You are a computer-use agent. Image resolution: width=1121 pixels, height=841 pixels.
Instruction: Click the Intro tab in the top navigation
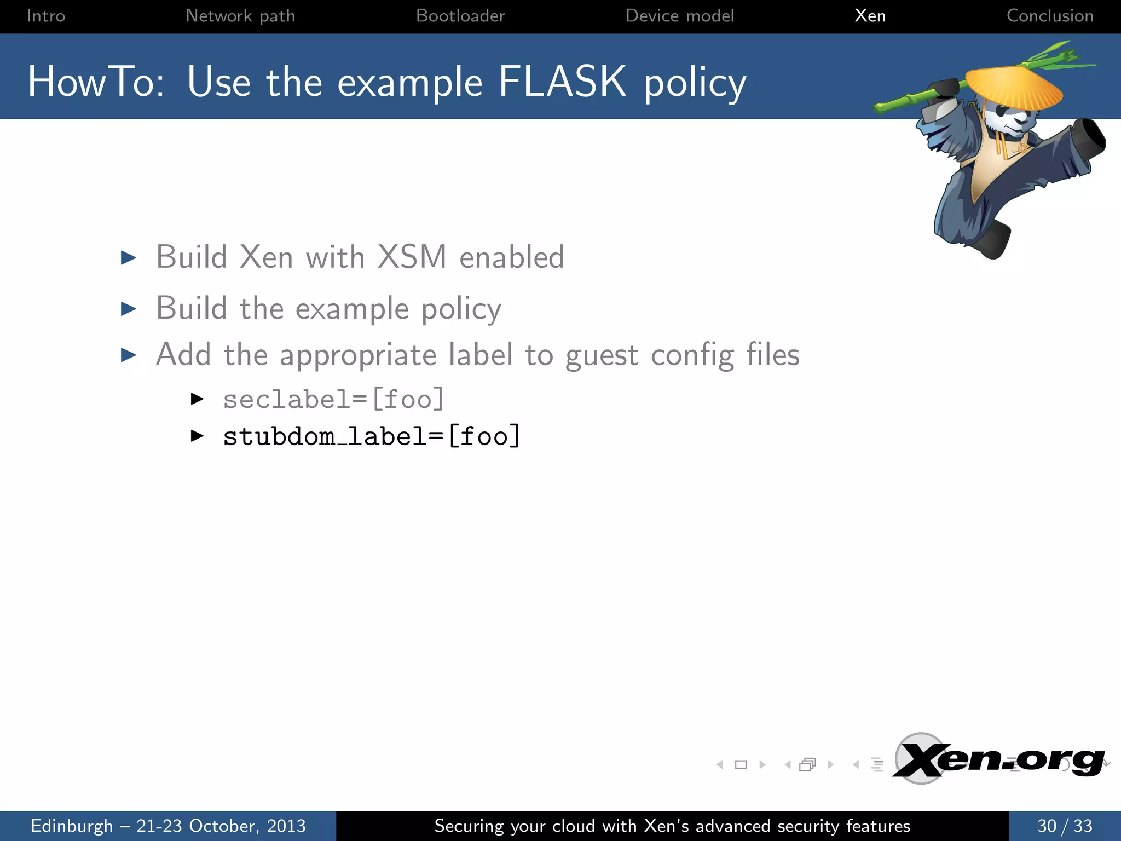45,16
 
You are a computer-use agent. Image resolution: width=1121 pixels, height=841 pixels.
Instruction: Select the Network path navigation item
240,16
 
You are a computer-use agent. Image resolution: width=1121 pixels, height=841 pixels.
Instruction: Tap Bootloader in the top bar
460,16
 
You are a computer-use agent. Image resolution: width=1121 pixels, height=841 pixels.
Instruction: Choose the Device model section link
679,16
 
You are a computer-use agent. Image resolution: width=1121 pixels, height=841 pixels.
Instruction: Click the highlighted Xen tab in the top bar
870,16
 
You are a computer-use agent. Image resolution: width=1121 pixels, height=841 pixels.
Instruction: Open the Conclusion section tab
1050,16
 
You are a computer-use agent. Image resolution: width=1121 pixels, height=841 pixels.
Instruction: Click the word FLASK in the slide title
562,82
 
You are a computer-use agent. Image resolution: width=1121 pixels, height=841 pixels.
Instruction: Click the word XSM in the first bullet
412,257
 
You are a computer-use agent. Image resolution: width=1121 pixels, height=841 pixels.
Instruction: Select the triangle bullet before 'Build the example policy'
129,309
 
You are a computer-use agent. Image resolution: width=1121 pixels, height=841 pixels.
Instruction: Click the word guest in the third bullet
602,356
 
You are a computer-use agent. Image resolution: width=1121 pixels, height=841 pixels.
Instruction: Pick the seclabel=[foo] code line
333,399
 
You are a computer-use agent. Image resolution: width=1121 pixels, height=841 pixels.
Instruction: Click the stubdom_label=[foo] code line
372,437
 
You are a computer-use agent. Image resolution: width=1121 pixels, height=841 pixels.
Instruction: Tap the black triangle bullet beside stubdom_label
197,436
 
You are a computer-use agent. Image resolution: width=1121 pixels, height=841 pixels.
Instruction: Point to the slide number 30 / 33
1065,826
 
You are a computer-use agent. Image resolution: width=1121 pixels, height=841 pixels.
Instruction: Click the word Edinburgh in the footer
72,826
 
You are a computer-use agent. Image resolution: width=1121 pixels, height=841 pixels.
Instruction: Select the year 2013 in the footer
286,826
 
